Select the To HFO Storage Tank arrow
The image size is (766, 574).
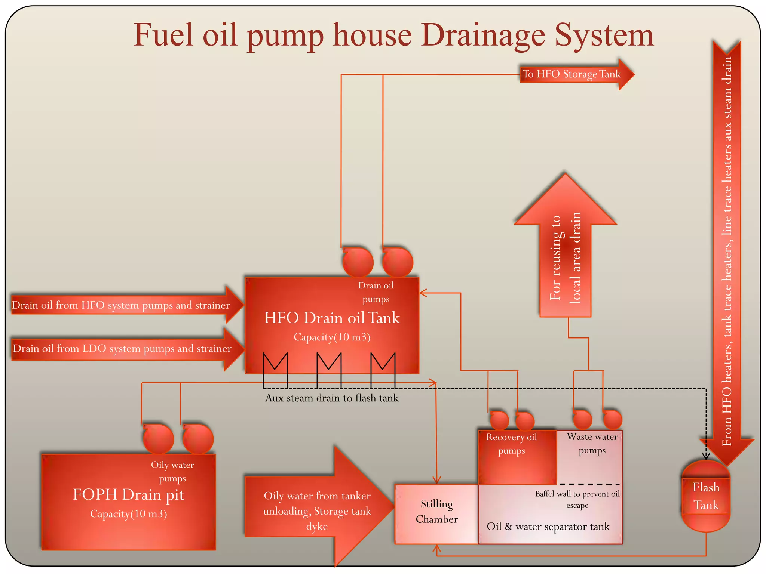coord(572,74)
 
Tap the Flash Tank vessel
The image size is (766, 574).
coord(706,496)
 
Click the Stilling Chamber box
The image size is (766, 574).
coord(436,512)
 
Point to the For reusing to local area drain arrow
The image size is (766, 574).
coord(565,258)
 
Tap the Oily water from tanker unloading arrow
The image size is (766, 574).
coord(317,510)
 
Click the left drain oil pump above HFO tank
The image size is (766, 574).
coord(358,262)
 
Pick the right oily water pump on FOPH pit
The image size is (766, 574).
coord(198,439)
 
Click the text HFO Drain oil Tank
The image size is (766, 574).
coord(332,318)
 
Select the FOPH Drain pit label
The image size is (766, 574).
coord(128,495)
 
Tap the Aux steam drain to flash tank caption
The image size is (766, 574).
coord(332,398)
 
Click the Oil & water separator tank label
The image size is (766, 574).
coord(548,527)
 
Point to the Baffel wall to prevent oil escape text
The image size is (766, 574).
coord(577,500)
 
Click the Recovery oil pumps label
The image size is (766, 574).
coord(511,444)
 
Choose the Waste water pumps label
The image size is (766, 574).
coord(592,444)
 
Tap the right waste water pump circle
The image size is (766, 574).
coord(613,420)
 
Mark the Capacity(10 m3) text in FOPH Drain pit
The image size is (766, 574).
coord(128,514)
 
